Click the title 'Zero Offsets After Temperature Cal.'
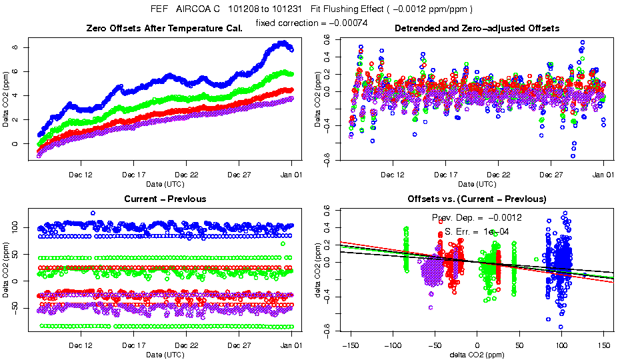point(165,28)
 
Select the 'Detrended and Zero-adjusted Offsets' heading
point(477,28)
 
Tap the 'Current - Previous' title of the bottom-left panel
point(165,199)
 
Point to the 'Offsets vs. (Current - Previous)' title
point(477,199)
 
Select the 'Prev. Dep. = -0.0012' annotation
point(477,218)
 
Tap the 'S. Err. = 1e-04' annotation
point(477,232)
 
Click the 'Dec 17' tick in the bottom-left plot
point(133,346)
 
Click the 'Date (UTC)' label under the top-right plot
point(477,183)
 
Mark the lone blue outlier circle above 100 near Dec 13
point(93,213)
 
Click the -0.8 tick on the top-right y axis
point(327,159)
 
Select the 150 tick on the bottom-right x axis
point(604,346)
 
